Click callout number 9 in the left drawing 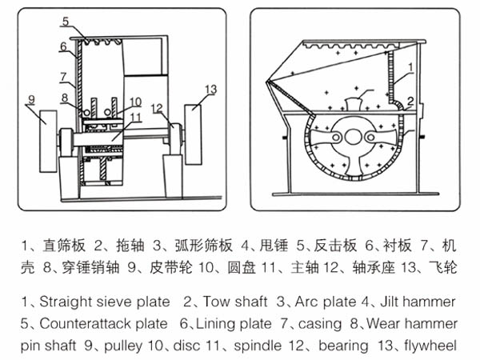pyautogui.click(x=31, y=99)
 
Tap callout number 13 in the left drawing pyautogui.click(x=211, y=89)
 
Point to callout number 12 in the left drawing pyautogui.click(x=157, y=108)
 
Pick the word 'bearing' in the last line pyautogui.click(x=341, y=346)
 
